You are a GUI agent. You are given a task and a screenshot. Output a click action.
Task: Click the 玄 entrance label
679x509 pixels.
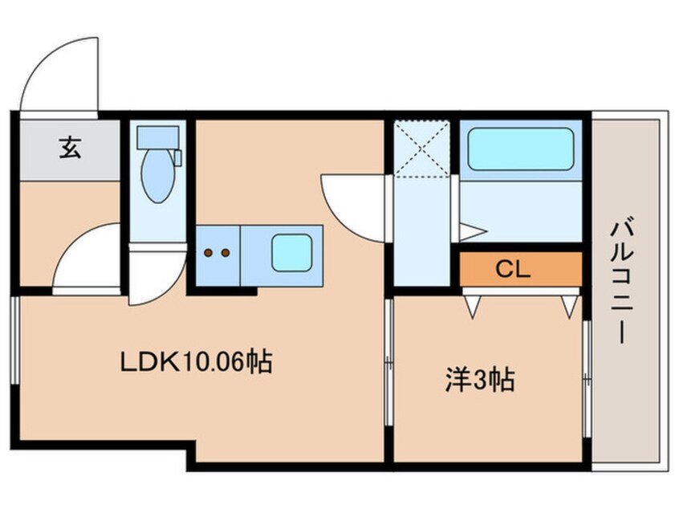tap(70, 148)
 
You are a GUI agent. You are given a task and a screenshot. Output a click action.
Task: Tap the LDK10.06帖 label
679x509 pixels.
tap(196, 363)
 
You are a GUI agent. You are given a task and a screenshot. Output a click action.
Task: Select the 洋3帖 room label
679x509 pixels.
tap(479, 380)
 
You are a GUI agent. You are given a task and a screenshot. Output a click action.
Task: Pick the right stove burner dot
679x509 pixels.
tap(226, 253)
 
